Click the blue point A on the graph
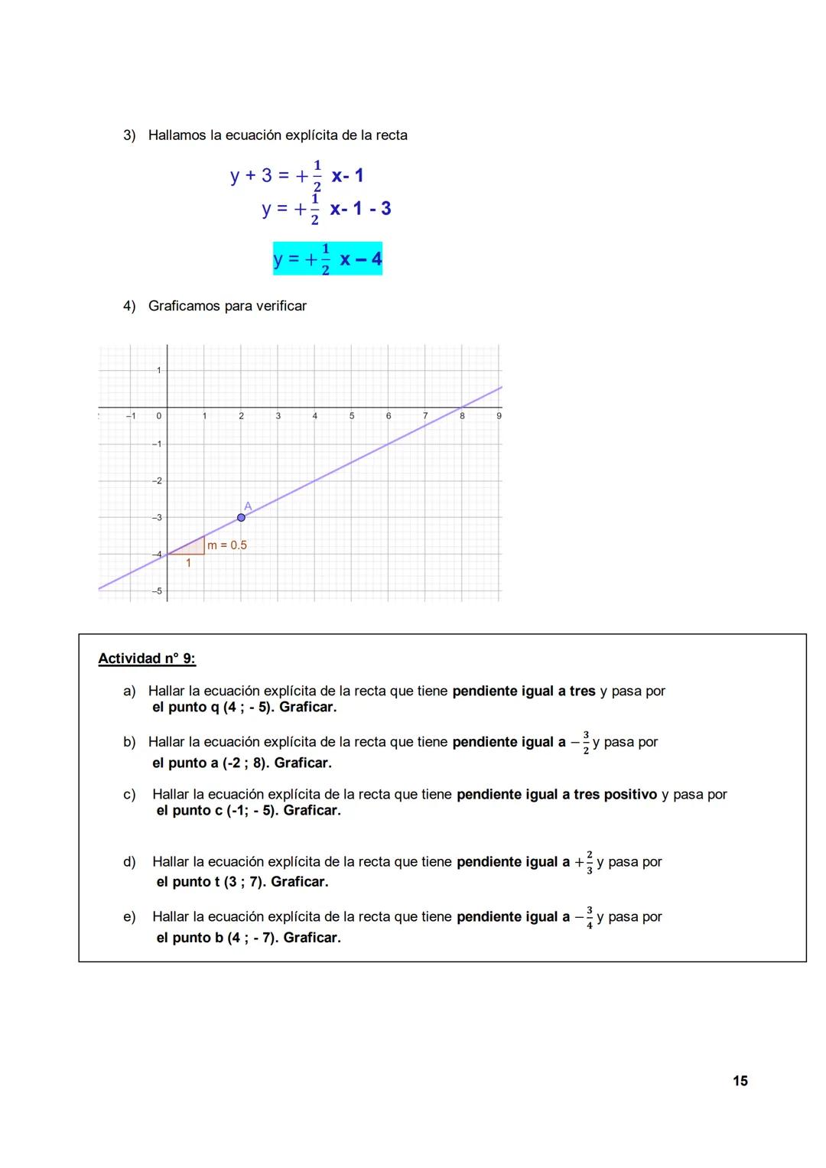point(241,518)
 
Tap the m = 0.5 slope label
point(227,545)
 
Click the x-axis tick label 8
point(462,416)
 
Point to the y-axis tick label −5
point(156,591)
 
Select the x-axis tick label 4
point(314,416)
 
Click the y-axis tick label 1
point(158,370)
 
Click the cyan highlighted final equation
point(327,259)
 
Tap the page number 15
point(740,1081)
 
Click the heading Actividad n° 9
point(147,659)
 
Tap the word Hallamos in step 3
point(177,135)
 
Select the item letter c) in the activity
point(129,795)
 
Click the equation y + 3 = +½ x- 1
point(297,176)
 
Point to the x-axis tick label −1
point(131,416)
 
